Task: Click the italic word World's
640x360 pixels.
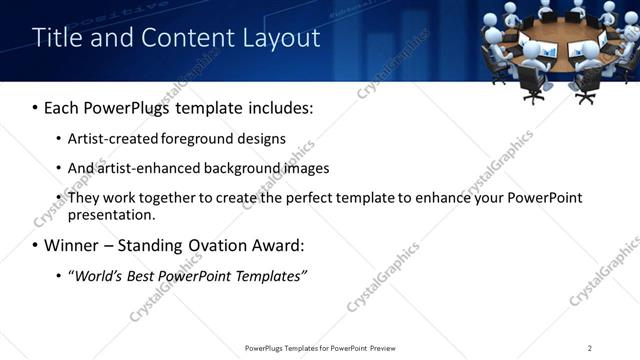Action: [98, 275]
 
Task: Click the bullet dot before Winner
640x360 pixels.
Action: [36, 245]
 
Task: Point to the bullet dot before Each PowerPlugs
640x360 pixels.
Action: [36, 107]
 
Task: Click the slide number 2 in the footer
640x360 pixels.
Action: [590, 348]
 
